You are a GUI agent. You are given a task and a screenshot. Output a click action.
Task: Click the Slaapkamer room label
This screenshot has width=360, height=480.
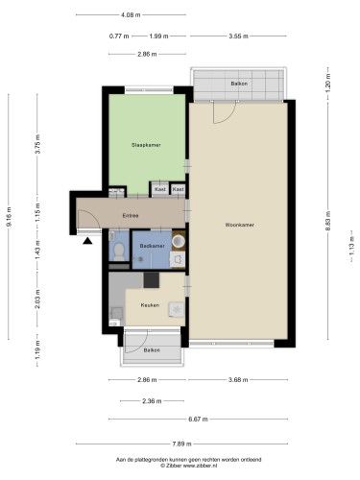(146, 145)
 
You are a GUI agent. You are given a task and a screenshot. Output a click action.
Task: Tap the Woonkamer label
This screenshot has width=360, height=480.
(240, 225)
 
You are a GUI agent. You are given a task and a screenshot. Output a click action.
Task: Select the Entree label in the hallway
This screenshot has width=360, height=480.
(131, 216)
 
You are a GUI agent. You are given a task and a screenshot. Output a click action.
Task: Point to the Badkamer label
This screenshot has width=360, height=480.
(153, 246)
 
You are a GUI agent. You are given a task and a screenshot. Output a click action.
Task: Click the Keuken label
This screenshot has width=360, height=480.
(150, 305)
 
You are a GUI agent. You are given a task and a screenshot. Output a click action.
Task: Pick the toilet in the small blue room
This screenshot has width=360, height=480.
(119, 252)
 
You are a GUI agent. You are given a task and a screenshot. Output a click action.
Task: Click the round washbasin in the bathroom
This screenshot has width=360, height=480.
(179, 242)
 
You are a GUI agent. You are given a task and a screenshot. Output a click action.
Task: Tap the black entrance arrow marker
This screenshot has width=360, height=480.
(87, 241)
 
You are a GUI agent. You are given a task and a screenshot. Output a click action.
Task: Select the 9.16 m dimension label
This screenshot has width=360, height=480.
(9, 217)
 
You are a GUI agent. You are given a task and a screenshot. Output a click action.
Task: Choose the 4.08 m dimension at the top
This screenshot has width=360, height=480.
(131, 14)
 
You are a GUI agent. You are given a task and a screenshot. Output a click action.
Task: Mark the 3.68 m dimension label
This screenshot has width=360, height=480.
(238, 380)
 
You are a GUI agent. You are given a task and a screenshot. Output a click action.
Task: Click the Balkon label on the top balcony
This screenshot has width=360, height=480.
(239, 84)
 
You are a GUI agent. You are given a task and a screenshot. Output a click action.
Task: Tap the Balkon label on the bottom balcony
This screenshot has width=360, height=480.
(152, 350)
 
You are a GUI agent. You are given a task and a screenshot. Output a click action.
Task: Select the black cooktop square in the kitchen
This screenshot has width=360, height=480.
(151, 280)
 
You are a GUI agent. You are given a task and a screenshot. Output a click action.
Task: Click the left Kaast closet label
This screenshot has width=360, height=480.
(160, 189)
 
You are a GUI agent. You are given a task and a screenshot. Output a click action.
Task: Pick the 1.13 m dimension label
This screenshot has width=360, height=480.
(351, 246)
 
